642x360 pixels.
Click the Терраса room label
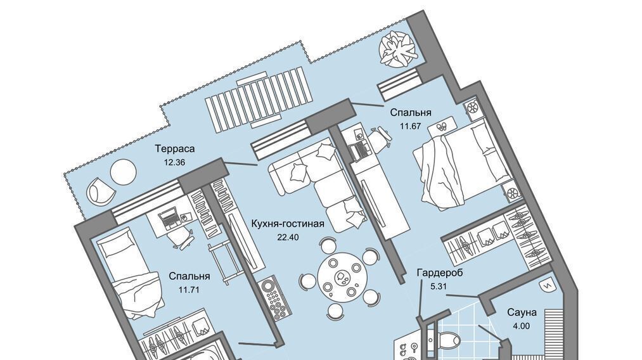tap(175, 149)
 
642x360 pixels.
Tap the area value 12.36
tap(174, 162)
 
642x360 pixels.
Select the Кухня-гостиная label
tap(288, 224)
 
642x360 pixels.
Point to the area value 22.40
tap(288, 236)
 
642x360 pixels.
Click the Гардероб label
tap(440, 273)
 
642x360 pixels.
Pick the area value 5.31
tap(438, 286)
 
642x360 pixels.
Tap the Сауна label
tap(522, 312)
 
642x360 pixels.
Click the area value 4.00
tap(521, 326)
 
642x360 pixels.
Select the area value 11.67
tap(411, 126)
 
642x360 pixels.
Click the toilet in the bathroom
tap(448, 340)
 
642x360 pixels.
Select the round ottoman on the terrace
tap(123, 171)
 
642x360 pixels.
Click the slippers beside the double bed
tap(442, 126)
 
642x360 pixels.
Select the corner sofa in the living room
tap(317, 184)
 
